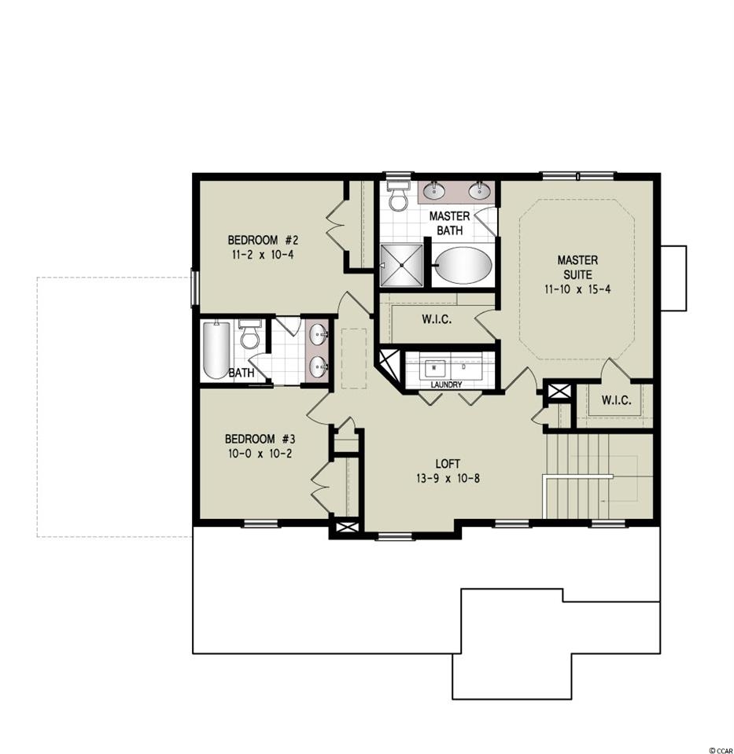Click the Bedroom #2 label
260,240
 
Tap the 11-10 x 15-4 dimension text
577,289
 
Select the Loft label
448,464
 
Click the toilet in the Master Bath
398,196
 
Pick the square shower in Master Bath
402,266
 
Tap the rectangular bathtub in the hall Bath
216,350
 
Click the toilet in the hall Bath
249,333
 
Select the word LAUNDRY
446,384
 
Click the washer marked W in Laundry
436,367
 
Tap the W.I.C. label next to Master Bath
437,319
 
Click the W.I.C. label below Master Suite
616,400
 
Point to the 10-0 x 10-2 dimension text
260,454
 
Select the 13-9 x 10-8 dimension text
448,479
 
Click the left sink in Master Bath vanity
435,190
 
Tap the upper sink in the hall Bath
319,333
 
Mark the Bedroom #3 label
260,439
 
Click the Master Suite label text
577,267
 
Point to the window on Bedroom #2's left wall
195,288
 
